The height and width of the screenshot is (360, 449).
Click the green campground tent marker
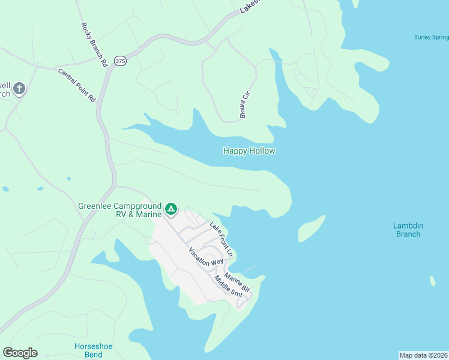pos(171,209)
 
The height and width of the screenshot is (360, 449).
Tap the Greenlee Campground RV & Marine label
pos(120,210)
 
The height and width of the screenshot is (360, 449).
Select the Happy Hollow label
pos(249,151)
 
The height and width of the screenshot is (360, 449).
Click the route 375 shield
pos(120,61)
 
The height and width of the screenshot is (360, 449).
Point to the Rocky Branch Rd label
pos(94,45)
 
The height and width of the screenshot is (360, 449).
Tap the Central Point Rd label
pos(77,85)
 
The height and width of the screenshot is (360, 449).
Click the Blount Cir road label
pos(244,105)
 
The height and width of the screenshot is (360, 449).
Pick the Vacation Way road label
pos(206,256)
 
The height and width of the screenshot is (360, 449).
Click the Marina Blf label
pos(237,284)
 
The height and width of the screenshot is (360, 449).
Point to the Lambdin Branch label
pos(408,230)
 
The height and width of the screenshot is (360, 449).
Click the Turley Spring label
pos(431,37)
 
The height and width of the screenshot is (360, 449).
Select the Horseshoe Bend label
pos(93,350)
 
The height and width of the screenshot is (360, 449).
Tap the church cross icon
pos(19,89)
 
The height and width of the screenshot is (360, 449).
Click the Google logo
pos(20,353)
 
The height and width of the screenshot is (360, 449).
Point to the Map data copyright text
pos(423,355)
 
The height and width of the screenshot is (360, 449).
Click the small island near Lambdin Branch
pos(312,228)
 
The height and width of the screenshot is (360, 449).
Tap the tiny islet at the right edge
pos(433,281)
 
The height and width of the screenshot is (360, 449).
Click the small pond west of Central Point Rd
pos(5,189)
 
